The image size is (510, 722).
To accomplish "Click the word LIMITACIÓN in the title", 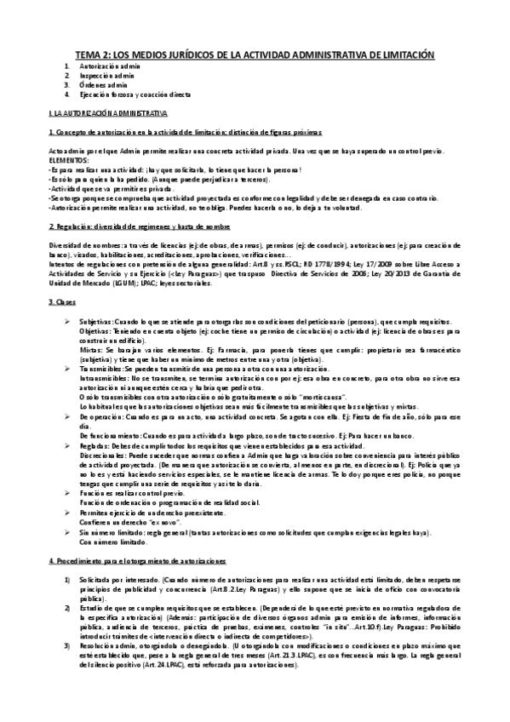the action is (x=404, y=54).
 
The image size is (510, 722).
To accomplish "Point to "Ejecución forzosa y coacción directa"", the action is (x=137, y=94).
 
